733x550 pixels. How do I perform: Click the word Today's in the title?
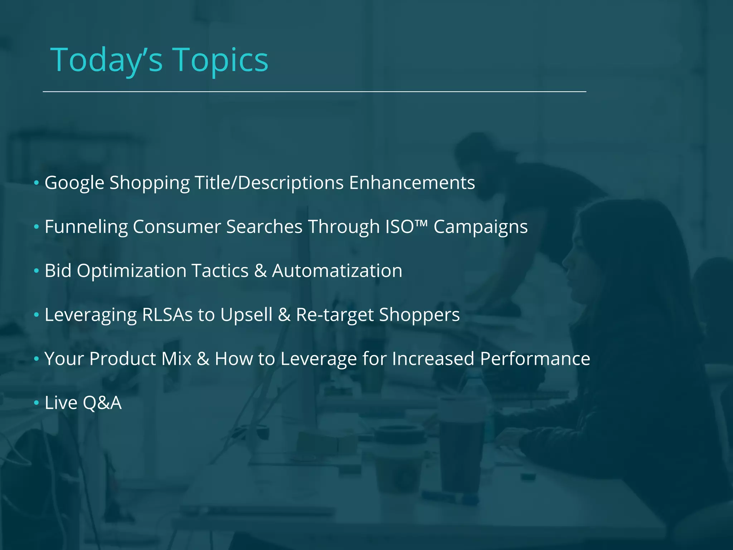point(107,60)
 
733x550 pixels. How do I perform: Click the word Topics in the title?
point(221,60)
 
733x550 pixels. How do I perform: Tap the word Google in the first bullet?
point(74,183)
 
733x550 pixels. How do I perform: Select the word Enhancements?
point(412,183)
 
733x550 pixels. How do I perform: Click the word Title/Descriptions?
point(269,183)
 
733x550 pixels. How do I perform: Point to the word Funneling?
point(86,227)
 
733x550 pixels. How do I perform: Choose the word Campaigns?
point(481,227)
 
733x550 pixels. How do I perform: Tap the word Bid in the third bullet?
point(58,271)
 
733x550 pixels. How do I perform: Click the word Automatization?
point(337,271)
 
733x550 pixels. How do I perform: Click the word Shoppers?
point(419,315)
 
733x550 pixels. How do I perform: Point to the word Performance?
point(535,359)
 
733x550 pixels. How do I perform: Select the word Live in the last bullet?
point(61,403)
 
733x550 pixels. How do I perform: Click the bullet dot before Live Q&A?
point(36,403)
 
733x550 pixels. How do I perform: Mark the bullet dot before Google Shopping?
point(36,183)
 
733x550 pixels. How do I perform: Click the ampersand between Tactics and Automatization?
point(260,271)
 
